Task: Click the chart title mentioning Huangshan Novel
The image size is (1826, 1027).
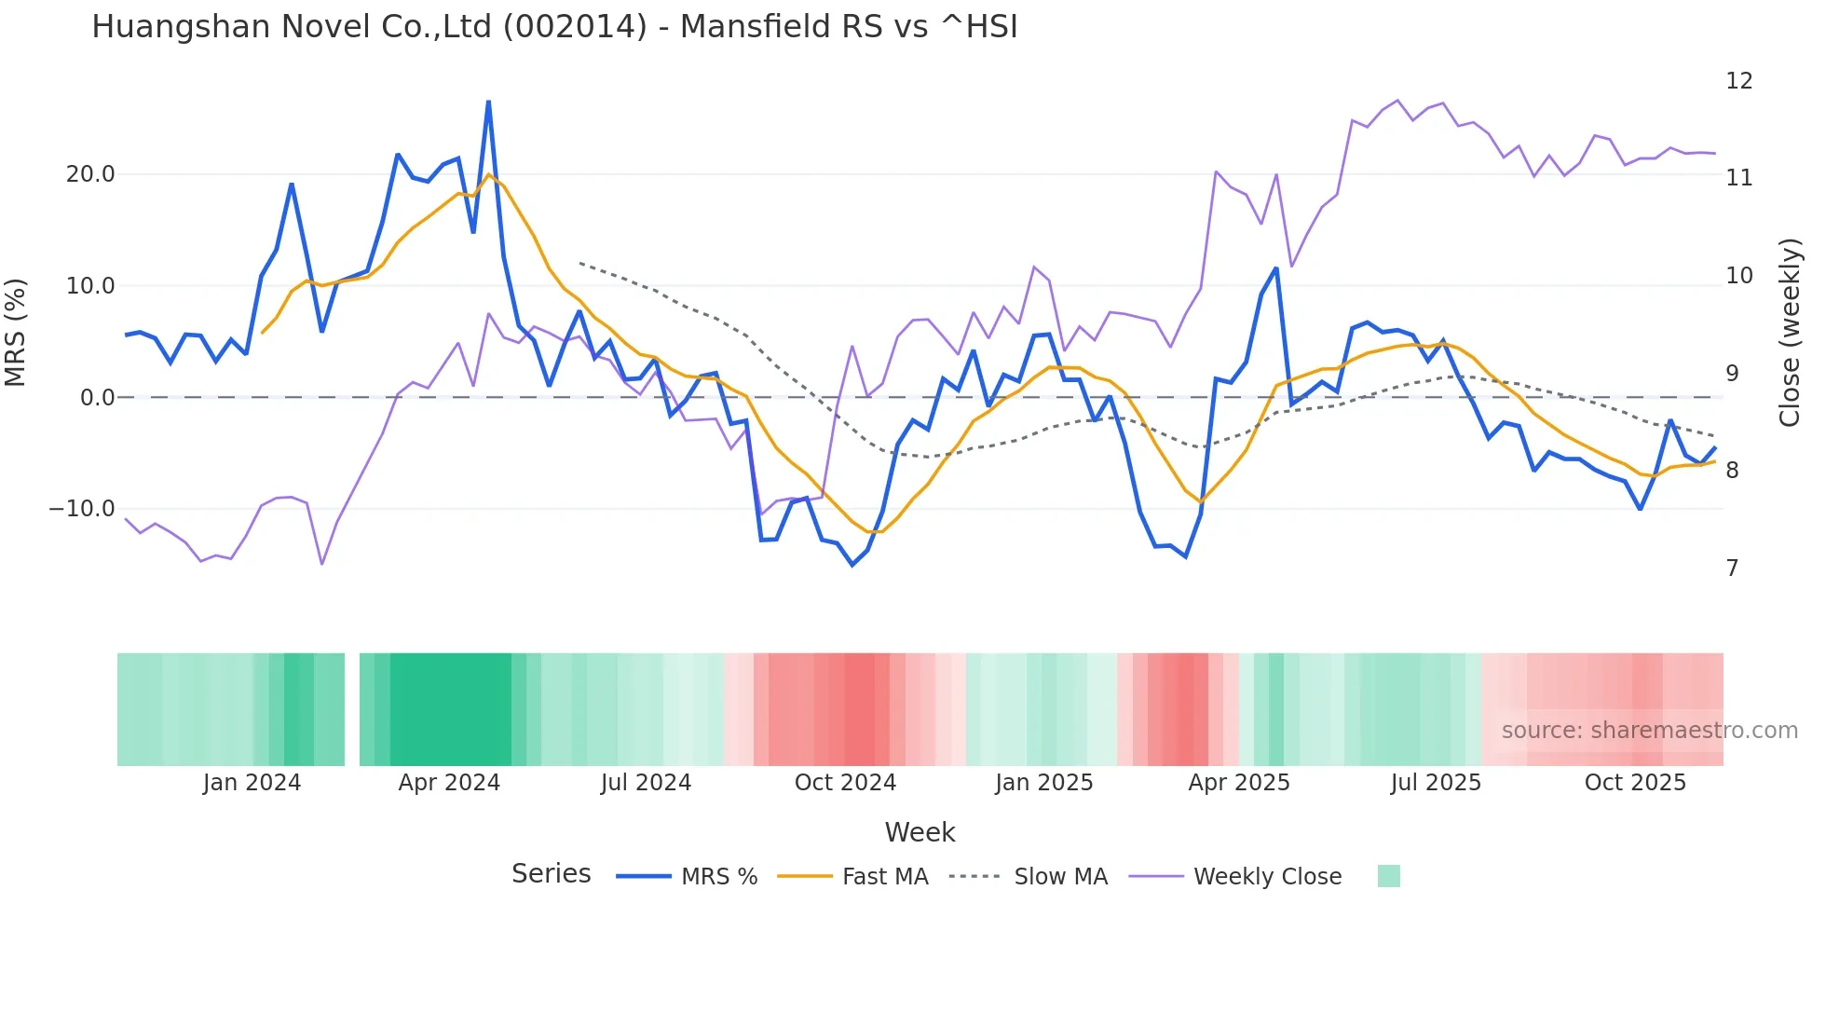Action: tap(554, 27)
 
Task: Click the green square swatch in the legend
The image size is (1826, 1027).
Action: tap(1388, 876)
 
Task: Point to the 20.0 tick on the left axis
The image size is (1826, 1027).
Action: tap(90, 174)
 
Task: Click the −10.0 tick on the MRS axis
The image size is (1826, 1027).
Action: tap(82, 509)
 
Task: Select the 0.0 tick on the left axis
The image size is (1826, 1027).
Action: tap(97, 398)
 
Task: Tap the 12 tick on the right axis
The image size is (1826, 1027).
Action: tap(1738, 81)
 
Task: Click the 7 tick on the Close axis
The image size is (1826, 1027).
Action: tap(1732, 568)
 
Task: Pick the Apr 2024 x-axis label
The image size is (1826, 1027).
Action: tap(449, 783)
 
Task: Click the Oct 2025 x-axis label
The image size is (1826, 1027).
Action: tap(1635, 783)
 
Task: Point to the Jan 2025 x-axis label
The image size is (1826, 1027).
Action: tap(1043, 783)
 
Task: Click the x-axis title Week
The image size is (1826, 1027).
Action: tap(920, 832)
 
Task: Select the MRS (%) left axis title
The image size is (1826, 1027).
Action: tap(16, 333)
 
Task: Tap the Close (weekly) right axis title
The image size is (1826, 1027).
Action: tap(1790, 333)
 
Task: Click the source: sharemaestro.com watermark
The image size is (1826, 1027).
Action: tap(1649, 731)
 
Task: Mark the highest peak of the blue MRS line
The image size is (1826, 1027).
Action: tap(488, 102)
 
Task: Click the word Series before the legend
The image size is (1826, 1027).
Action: tap(551, 874)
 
